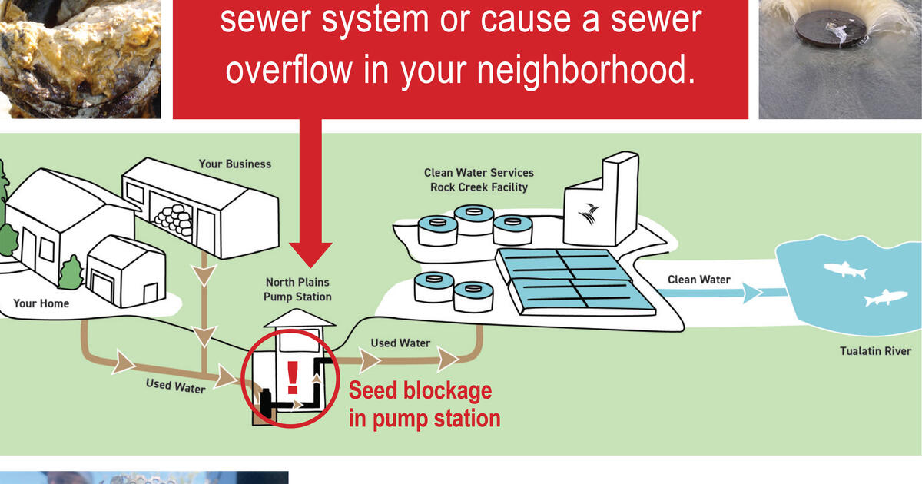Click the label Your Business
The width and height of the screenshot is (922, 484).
point(234,164)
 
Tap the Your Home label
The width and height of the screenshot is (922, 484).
point(41,303)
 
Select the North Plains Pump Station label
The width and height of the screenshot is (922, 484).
point(298,290)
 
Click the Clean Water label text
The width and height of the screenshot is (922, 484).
point(698,280)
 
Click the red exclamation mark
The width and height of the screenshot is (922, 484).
point(292,377)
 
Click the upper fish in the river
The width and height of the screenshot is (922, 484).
point(844,270)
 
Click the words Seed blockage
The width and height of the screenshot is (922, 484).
point(420,390)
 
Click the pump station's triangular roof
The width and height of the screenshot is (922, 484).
point(298,317)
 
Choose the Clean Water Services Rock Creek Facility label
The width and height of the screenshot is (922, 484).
point(479,180)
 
